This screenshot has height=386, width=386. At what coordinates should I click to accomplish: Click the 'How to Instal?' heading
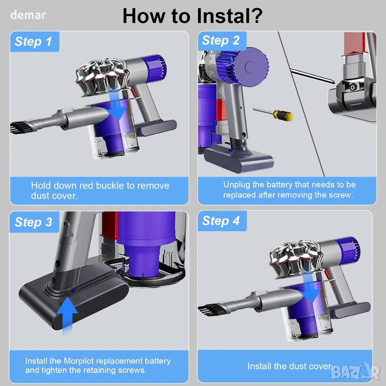coord(192,16)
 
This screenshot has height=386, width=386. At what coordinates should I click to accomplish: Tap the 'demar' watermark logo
coord(28,15)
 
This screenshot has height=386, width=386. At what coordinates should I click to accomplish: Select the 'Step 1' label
coord(33,41)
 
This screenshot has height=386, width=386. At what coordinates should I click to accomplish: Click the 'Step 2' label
coord(221,40)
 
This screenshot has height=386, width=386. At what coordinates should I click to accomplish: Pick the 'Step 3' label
coord(33,222)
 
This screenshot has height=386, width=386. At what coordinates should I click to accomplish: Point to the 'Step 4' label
coord(221,221)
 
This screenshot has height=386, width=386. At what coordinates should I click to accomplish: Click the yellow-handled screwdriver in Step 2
coord(273,114)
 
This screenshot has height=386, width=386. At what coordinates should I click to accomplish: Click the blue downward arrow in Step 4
coord(312,288)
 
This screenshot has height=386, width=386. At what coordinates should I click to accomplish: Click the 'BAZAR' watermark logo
coord(355,372)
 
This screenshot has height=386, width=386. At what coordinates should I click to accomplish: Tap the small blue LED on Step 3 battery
coord(73,291)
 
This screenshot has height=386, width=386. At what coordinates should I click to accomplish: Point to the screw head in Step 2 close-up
coord(352,87)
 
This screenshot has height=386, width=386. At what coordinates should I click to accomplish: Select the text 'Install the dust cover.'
coord(289,366)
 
